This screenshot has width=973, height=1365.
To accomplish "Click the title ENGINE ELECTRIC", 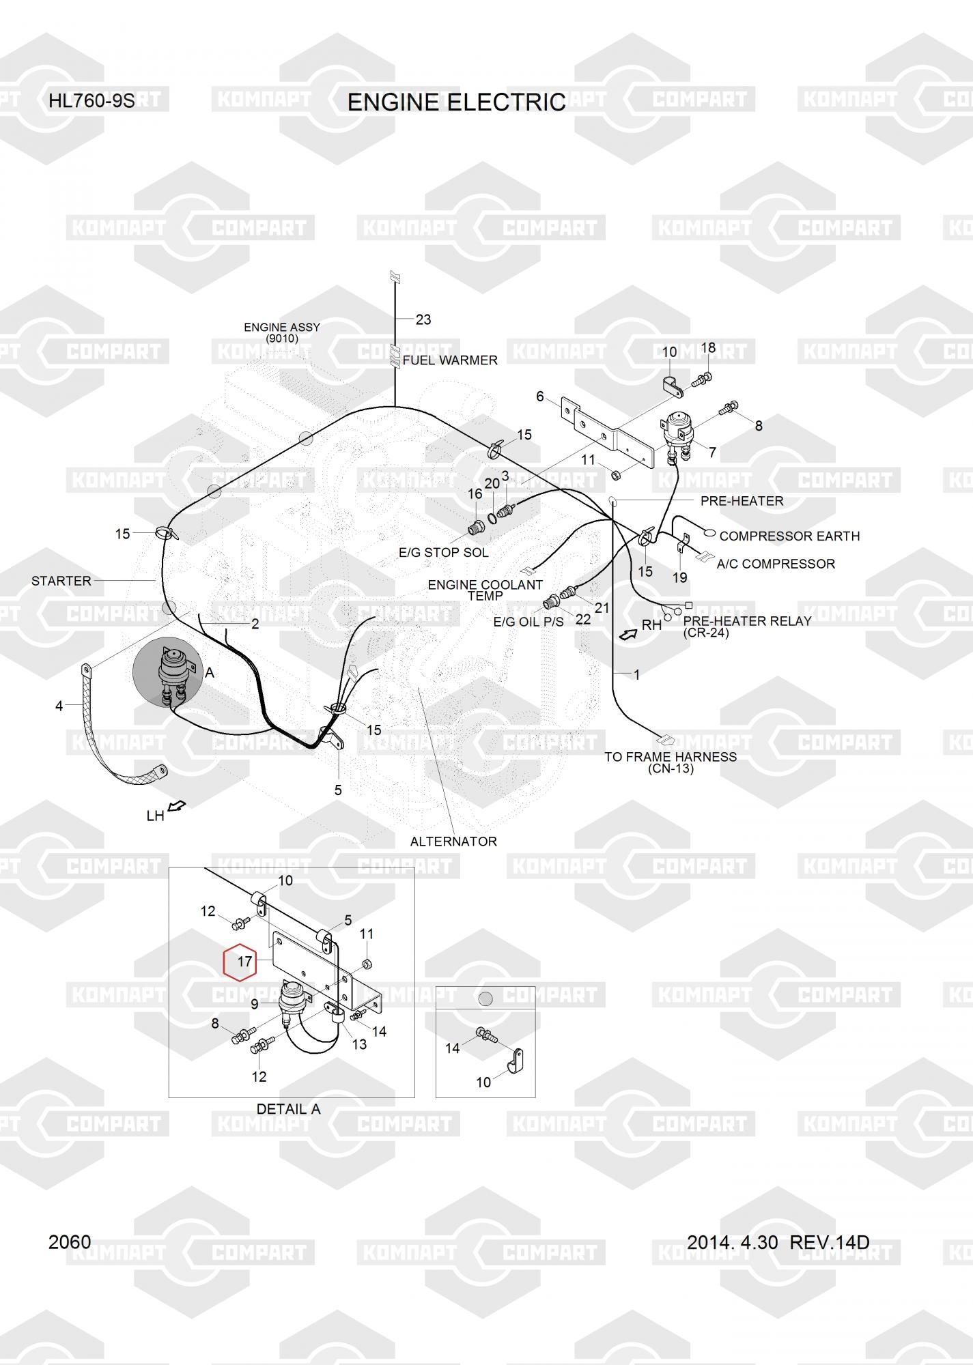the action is (x=456, y=102).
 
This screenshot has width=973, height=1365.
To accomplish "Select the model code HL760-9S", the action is (x=91, y=102).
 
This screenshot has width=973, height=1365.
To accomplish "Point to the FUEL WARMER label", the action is (x=450, y=360).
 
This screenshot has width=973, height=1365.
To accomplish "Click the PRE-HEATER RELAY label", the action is (x=747, y=621).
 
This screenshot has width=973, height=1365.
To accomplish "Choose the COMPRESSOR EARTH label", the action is (x=789, y=536).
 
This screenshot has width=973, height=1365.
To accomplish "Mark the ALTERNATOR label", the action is (x=453, y=842).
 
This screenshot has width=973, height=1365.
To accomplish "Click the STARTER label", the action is (x=61, y=581).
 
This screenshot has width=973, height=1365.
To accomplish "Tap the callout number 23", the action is (x=423, y=319).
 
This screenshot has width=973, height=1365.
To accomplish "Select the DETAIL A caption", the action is (x=288, y=1109).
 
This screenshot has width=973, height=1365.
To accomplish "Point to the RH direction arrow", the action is (x=627, y=635).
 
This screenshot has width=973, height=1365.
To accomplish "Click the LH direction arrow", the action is (x=177, y=807).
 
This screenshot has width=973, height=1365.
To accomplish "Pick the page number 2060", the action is (x=70, y=1242).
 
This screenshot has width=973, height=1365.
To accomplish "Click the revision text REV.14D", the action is (x=830, y=1242).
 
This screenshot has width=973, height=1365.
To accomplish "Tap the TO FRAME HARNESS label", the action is (x=671, y=757).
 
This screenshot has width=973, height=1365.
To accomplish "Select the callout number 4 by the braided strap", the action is (x=59, y=706).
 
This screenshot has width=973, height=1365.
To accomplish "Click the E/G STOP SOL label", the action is (x=444, y=552).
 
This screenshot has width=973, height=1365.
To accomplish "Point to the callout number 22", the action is (x=582, y=620).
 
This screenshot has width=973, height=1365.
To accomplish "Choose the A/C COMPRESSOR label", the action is (x=776, y=564).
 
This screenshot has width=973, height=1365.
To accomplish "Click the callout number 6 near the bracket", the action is (x=540, y=397).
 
